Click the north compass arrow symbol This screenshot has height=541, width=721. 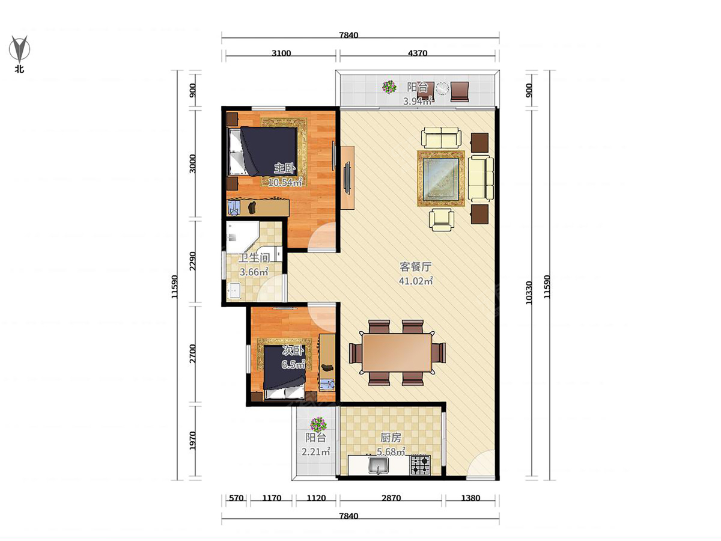[19, 49]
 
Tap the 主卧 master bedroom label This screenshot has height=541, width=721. [284, 168]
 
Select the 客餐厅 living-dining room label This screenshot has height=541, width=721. [415, 267]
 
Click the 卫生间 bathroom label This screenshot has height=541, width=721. [254, 258]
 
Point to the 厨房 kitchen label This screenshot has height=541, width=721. [391, 438]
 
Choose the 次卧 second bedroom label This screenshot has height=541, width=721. [293, 351]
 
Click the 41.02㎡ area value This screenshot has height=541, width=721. [416, 281]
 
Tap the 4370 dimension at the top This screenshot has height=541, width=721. [418, 53]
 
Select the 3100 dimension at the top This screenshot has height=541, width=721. [281, 53]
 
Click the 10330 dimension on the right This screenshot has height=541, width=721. [529, 293]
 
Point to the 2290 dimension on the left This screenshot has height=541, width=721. [192, 261]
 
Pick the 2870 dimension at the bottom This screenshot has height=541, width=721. [391, 498]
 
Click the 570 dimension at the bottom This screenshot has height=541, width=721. [236, 498]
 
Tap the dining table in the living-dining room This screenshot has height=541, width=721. [397, 353]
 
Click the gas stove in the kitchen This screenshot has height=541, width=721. [420, 465]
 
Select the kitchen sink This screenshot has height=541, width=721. [379, 466]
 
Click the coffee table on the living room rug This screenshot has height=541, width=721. [441, 179]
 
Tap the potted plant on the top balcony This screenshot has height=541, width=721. [389, 87]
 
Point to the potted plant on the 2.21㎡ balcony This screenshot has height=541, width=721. [318, 425]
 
